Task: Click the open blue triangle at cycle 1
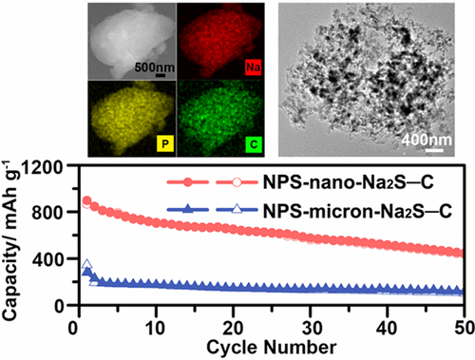[x=86, y=265]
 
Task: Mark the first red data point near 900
[x=87, y=200]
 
